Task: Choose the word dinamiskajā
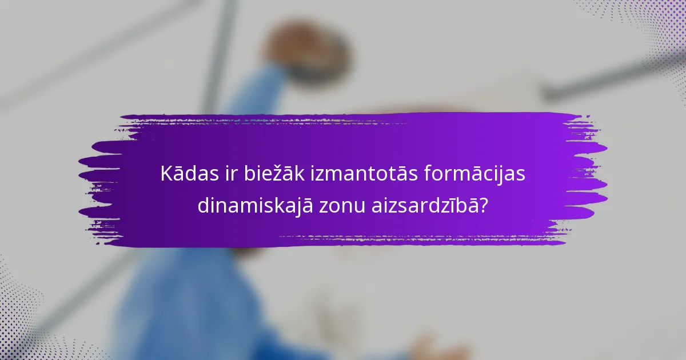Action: tap(255, 206)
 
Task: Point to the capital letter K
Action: tap(166, 174)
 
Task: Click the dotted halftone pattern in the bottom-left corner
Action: tap(23, 320)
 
